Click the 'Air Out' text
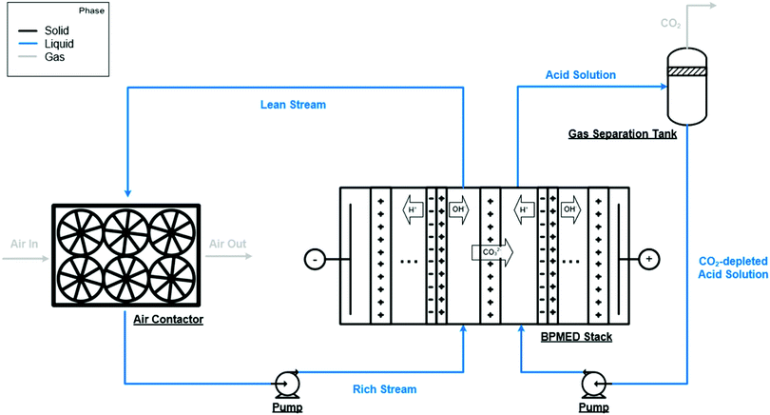pyautogui.click(x=227, y=244)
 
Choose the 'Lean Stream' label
pyautogui.click(x=294, y=105)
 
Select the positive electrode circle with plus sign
pyautogui.click(x=649, y=259)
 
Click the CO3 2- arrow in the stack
pyautogui.click(x=491, y=253)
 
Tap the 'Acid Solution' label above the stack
pyautogui.click(x=580, y=74)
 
